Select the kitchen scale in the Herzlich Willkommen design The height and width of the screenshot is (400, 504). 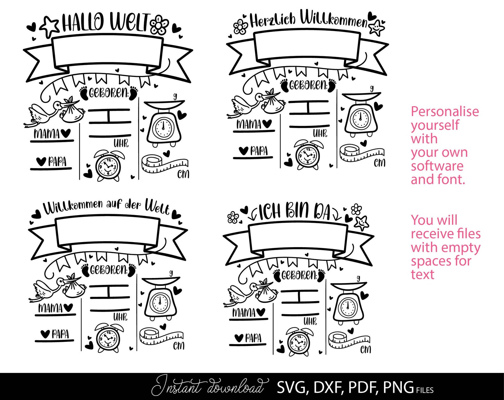click(361, 114)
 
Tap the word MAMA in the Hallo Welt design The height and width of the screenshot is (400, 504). click(47, 134)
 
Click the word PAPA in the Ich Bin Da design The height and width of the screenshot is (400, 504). click(253, 338)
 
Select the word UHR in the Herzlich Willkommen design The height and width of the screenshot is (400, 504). click(320, 133)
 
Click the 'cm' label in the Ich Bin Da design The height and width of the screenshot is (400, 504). click(365, 349)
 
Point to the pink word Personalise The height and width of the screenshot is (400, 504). click(445, 112)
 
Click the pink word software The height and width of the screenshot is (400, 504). click(437, 166)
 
